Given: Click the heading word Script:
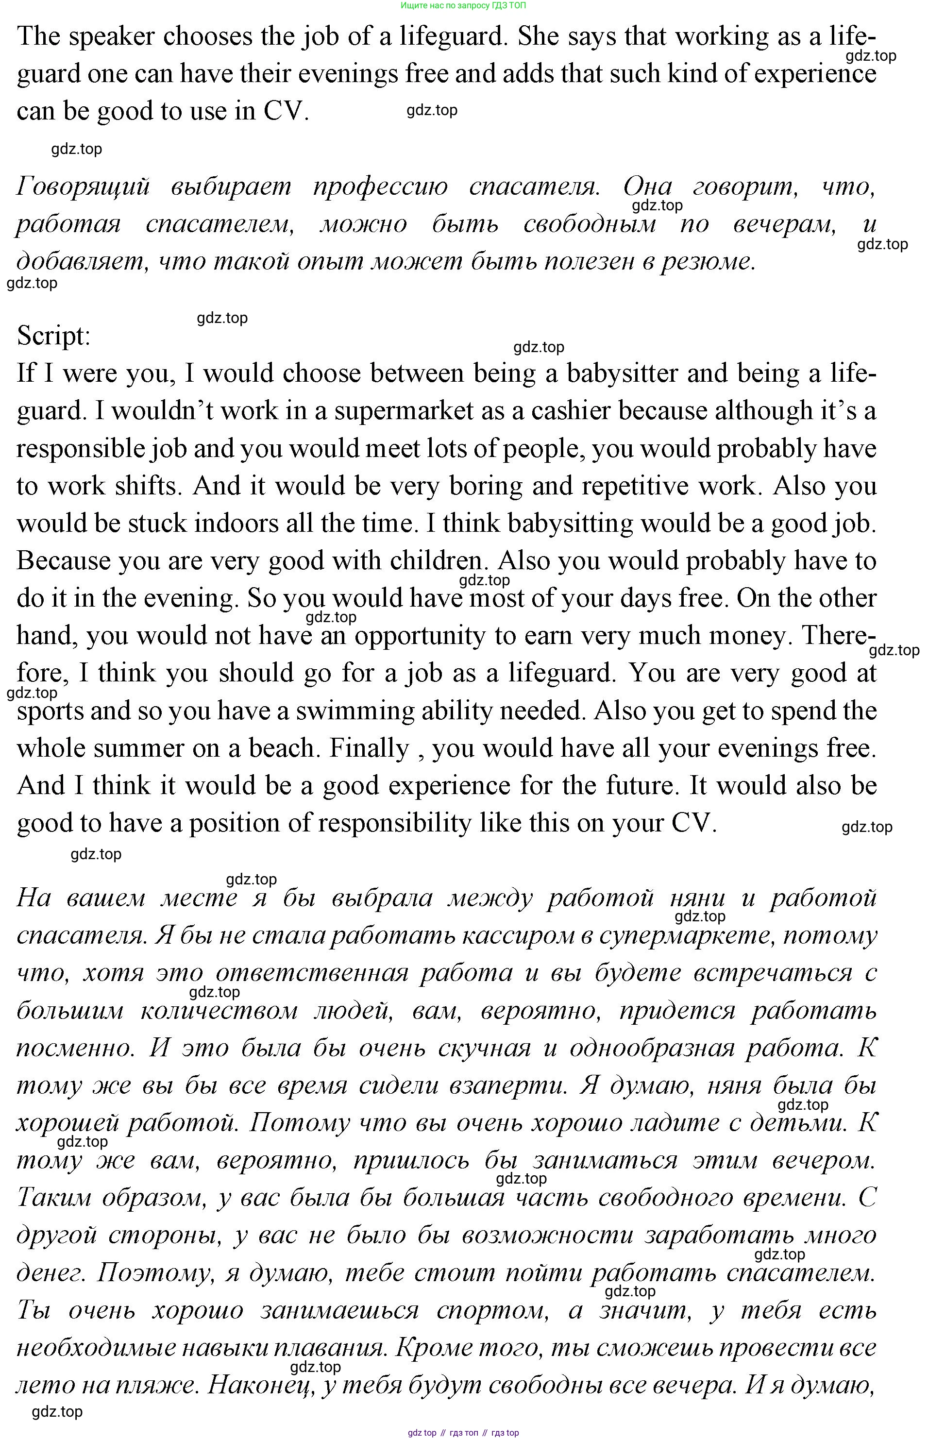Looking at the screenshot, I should tap(53, 336).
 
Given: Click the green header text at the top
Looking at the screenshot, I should tap(463, 5).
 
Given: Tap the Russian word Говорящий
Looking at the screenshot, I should tap(83, 187).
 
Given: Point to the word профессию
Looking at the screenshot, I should tap(380, 187).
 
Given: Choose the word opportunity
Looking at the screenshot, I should tap(420, 636).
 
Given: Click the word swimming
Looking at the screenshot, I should tap(355, 711).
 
